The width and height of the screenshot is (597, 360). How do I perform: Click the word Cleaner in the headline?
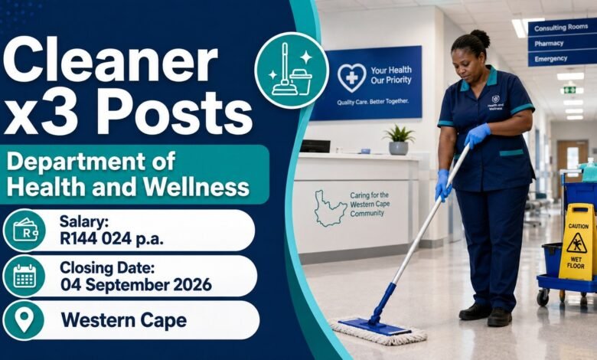click(x=110, y=62)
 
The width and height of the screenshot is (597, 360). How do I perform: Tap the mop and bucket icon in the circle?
click(x=292, y=70)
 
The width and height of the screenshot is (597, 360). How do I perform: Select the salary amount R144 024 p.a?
click(x=112, y=239)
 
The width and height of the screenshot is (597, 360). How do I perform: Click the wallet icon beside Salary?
click(x=25, y=230)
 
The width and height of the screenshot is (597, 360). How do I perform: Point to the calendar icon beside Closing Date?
click(x=24, y=276)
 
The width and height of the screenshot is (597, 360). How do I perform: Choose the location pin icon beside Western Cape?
click(x=24, y=319)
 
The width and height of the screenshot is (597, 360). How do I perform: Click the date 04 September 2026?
click(x=136, y=285)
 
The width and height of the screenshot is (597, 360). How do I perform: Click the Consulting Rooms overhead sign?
click(x=562, y=28)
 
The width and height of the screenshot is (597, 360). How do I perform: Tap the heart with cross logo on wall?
click(x=352, y=77)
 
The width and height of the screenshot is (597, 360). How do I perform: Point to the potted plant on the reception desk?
click(x=399, y=140)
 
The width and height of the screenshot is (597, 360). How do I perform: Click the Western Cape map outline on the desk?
click(x=330, y=208)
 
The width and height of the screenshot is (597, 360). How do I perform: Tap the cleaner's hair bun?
click(x=481, y=38)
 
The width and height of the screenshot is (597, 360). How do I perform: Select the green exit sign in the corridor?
click(x=569, y=90)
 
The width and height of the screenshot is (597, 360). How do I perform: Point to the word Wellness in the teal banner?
click(x=197, y=187)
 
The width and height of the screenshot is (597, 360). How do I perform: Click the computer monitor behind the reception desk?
click(x=315, y=146)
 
